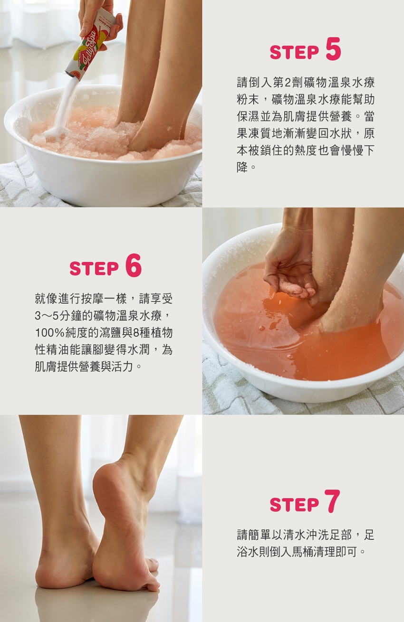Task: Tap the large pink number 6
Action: (x=134, y=265)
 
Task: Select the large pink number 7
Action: (x=332, y=501)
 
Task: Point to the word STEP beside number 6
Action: (x=94, y=268)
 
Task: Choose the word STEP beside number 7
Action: (x=294, y=504)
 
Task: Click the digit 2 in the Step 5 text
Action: (x=288, y=83)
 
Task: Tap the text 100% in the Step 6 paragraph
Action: (x=50, y=333)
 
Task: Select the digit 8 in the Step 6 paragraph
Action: (x=135, y=333)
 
